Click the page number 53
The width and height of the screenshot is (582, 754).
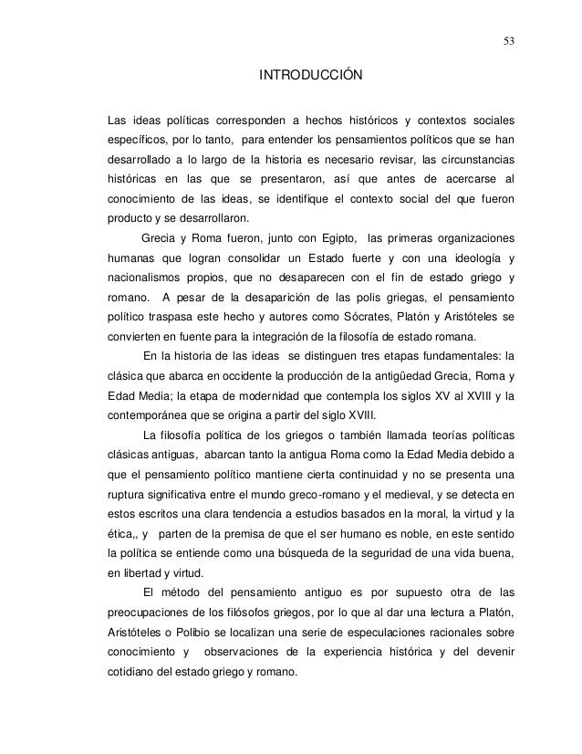click(507, 39)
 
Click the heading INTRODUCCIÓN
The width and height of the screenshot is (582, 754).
click(311, 73)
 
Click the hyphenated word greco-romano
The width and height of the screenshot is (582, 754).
click(325, 494)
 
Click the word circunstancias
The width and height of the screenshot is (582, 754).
click(472, 159)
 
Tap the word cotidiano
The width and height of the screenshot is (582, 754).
click(134, 673)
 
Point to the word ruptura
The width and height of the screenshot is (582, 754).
click(128, 494)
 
